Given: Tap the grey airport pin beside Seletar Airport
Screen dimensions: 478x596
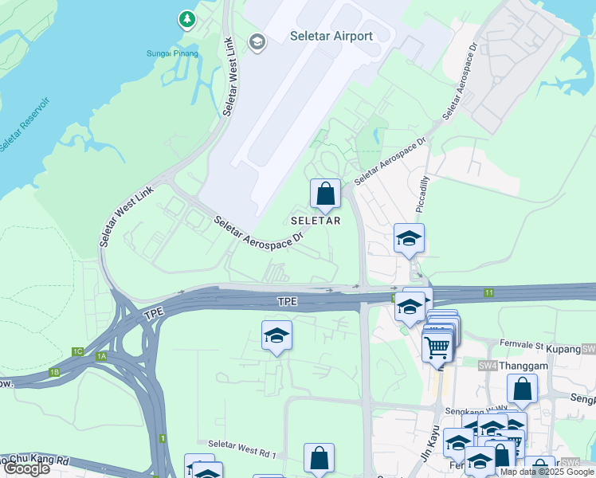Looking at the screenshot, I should point(257,41).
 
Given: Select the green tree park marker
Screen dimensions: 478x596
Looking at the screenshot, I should point(186,18).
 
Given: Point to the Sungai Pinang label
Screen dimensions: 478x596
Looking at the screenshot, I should point(172,54).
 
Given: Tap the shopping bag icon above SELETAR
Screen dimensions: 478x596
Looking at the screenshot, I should point(325,194).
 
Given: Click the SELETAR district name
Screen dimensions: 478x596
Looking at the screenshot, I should point(316,221).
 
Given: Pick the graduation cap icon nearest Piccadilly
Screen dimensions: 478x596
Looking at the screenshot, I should point(409,238).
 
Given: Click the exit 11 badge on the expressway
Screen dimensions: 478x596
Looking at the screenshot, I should point(488,294).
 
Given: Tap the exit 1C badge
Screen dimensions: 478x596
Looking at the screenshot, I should point(77,351).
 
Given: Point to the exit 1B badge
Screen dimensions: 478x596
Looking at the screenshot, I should point(54,372).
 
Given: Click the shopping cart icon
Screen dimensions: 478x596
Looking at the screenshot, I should point(437,347).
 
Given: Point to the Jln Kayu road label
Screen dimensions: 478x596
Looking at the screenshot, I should point(430,441).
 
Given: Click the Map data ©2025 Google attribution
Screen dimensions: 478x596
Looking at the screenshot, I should point(547,472).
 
